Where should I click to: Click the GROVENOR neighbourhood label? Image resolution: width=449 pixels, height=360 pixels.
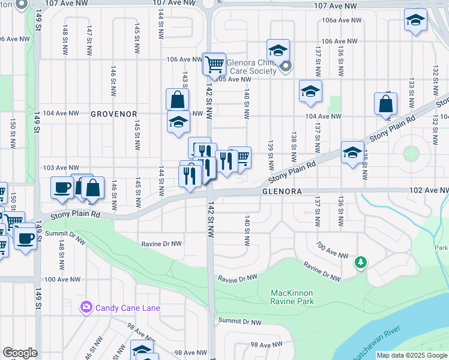pyautogui.click(x=114, y=113)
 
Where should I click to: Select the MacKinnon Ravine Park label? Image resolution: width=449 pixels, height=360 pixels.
pyautogui.click(x=293, y=297)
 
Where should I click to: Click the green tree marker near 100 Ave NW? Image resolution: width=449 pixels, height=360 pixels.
pyautogui.click(x=360, y=262)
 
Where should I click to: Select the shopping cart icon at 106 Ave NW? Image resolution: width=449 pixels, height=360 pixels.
pyautogui.click(x=214, y=64)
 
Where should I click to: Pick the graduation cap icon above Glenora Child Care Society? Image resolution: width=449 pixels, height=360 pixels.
pyautogui.click(x=278, y=50)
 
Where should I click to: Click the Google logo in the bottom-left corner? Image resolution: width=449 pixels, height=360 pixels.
pyautogui.click(x=20, y=353)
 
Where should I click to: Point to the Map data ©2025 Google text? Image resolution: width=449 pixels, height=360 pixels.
pyautogui.click(x=412, y=355)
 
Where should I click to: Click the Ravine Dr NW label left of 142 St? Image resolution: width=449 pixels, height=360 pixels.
pyautogui.click(x=161, y=244)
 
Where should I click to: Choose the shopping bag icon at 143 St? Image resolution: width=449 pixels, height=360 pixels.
pyautogui.click(x=178, y=100)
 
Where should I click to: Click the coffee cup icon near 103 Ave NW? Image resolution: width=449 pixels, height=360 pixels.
pyautogui.click(x=62, y=188)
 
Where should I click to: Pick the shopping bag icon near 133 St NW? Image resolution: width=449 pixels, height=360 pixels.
pyautogui.click(x=385, y=104)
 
